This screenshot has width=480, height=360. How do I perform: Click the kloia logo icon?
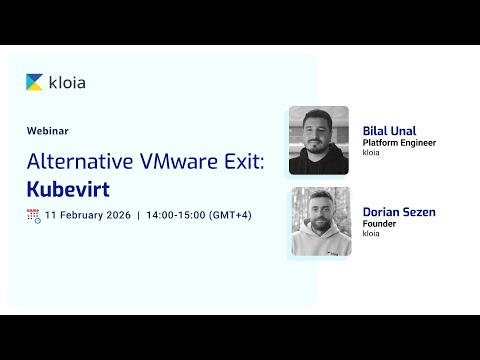tap(35, 82)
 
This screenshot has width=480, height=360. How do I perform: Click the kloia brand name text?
tap(67, 82)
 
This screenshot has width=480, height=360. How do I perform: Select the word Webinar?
tap(48, 130)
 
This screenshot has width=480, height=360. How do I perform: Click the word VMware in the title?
tap(184, 160)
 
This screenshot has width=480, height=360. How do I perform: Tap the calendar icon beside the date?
tap(33, 215)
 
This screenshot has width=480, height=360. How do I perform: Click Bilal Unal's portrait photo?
tap(318, 141)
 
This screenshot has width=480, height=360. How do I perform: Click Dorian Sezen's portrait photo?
tap(320, 222)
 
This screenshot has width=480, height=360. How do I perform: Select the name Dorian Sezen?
tap(399, 212)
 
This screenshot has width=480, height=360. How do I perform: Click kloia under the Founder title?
tap(371, 234)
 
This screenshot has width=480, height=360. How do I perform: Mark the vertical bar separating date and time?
tap(138, 215)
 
